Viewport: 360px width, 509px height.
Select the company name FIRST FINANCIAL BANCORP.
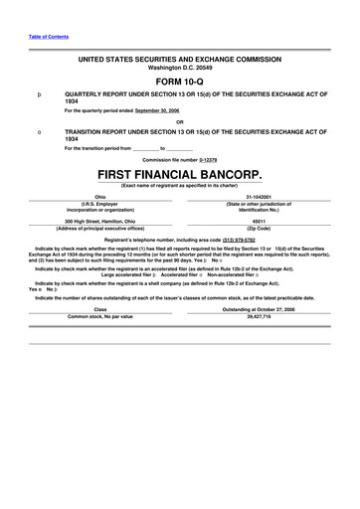pos(180,174)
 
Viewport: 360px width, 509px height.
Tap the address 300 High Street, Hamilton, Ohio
pos(100,221)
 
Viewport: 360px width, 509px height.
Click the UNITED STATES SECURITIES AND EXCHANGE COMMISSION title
pos(180,59)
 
